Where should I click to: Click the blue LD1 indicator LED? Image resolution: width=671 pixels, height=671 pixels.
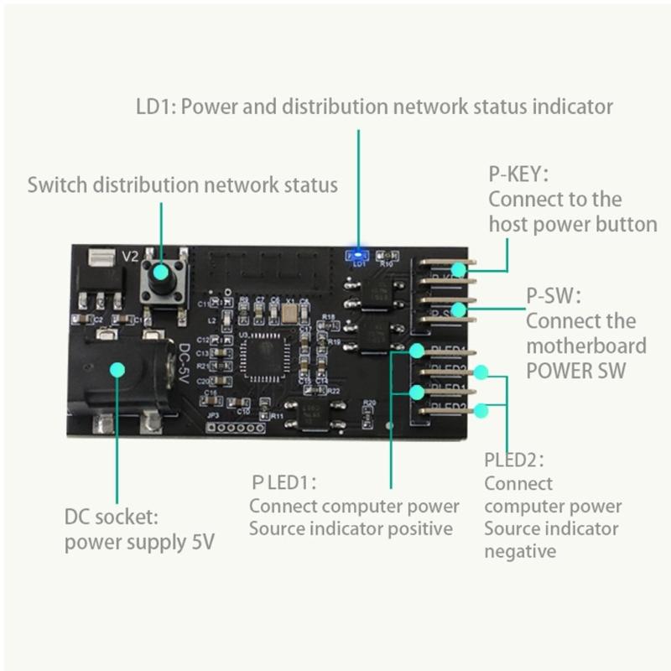pyautogui.click(x=358, y=252)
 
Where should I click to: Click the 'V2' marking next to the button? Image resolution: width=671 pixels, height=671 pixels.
pyautogui.click(x=130, y=257)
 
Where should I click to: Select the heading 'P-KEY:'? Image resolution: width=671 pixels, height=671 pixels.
pyautogui.click(x=518, y=174)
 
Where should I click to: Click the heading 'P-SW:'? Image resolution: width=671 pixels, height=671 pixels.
pyautogui.click(x=553, y=296)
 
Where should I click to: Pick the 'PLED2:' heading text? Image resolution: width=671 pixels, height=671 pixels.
pyautogui.click(x=513, y=460)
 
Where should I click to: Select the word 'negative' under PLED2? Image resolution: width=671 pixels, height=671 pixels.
pyautogui.click(x=519, y=551)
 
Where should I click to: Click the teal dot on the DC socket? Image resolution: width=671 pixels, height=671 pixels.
pyautogui.click(x=118, y=369)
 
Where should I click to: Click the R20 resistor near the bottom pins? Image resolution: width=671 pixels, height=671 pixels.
pyautogui.click(x=367, y=410)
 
